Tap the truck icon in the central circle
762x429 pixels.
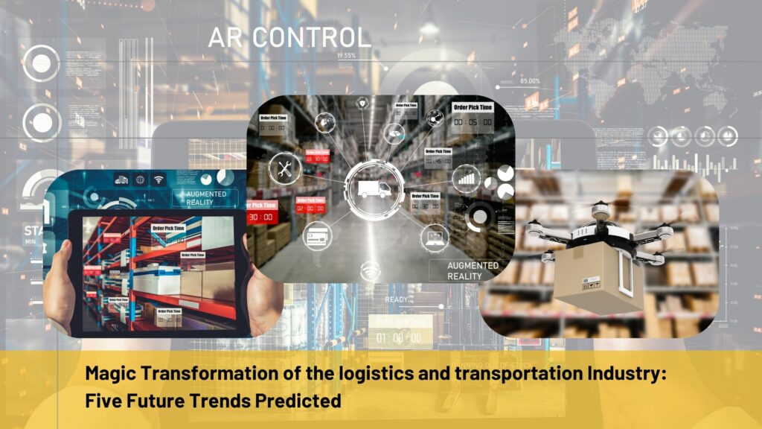point(374,188)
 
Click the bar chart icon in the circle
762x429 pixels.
point(467,178)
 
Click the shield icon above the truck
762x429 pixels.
point(362,104)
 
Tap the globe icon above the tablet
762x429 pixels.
point(139,179)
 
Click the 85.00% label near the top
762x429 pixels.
point(530,81)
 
